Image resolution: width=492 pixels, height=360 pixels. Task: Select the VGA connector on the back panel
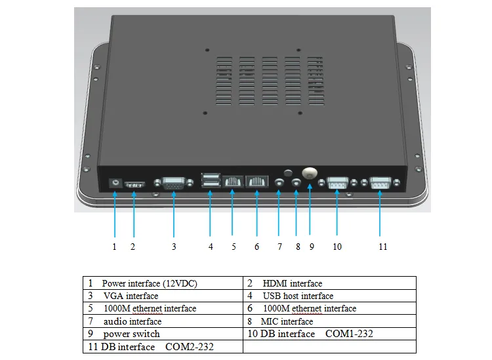coord(173,185)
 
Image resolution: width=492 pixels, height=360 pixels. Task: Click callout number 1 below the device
coord(114,247)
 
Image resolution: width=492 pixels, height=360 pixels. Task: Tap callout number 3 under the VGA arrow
coord(174,247)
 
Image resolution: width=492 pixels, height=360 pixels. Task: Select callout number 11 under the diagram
coord(382,247)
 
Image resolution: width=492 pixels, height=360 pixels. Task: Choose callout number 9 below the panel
coord(312,247)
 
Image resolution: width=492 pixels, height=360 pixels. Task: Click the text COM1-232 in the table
coord(349,334)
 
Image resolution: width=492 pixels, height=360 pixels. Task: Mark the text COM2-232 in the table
coord(190,346)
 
